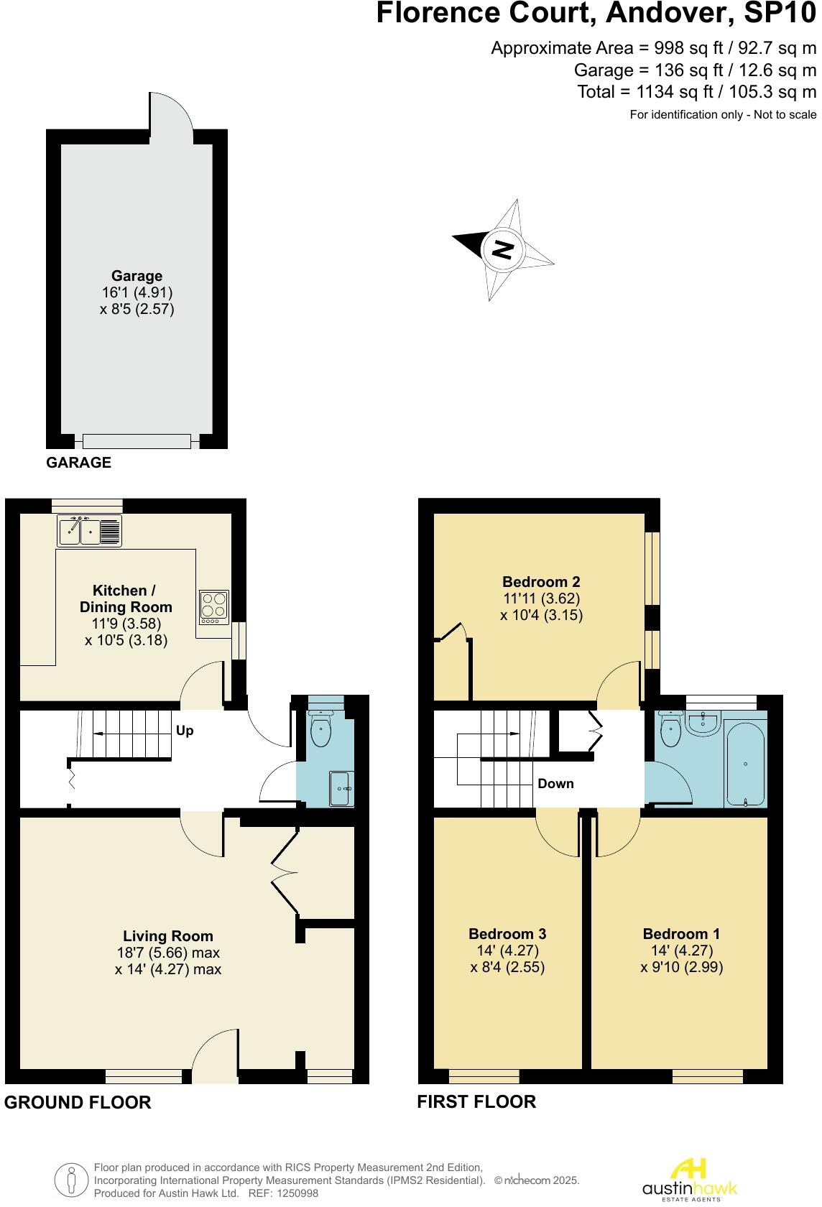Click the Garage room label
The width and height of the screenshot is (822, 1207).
[x=137, y=276]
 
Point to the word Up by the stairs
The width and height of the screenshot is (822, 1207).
[x=185, y=731]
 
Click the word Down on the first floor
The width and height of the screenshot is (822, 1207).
[x=555, y=783]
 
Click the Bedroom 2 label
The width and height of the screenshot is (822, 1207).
[x=541, y=582]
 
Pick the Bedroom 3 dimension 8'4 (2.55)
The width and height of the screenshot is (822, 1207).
[x=507, y=967]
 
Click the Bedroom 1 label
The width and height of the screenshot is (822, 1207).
[x=681, y=934]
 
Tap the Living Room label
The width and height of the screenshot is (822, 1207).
[x=167, y=936]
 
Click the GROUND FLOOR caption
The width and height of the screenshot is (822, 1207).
[x=78, y=1102]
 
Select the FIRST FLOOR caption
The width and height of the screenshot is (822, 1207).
[x=476, y=1101]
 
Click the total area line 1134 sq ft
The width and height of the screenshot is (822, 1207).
[x=696, y=92]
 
